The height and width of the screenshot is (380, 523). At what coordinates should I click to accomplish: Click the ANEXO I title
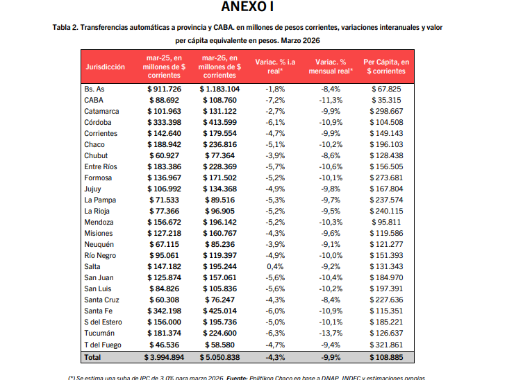point(247,8)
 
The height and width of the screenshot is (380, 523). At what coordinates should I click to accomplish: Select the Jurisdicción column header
point(106,67)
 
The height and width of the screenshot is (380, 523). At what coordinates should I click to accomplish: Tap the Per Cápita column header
point(387,67)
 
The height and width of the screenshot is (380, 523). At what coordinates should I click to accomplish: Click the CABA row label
point(95,100)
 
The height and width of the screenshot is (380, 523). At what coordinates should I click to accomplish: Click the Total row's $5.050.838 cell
point(219,357)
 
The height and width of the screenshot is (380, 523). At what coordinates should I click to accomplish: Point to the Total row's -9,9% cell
point(330,357)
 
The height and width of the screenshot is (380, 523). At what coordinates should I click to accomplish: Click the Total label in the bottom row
point(92,357)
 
